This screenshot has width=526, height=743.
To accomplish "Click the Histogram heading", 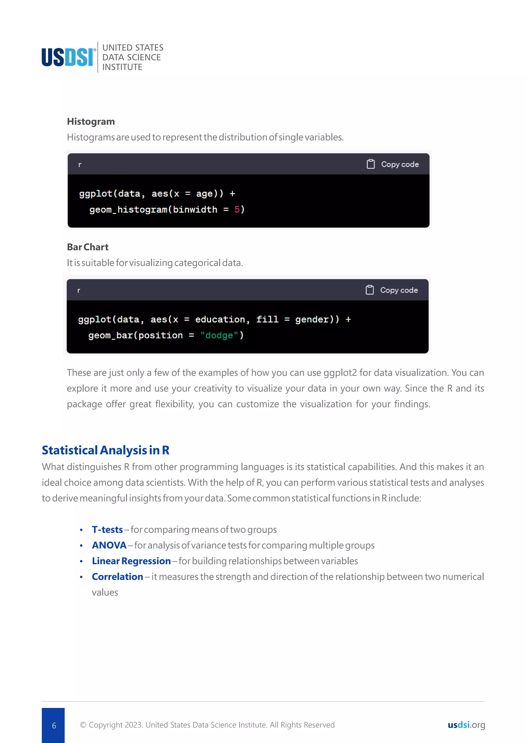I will click(x=91, y=121).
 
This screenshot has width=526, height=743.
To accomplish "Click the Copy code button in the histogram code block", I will click(x=393, y=164).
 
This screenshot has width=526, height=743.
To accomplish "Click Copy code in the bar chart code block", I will click(x=392, y=290).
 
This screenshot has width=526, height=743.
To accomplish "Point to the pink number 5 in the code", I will click(x=237, y=209).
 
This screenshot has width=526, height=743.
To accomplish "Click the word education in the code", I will click(x=220, y=319).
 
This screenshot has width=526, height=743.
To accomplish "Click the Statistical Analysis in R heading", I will click(x=106, y=450).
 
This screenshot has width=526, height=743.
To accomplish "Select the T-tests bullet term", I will click(x=107, y=530).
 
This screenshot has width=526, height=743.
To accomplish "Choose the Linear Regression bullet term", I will click(x=131, y=561).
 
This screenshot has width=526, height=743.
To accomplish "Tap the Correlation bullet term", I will click(x=117, y=577).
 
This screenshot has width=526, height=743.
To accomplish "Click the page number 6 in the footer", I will click(x=54, y=725).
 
